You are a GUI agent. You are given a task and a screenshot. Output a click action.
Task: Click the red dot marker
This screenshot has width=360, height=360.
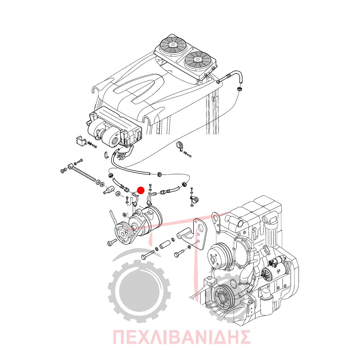tap(140, 190)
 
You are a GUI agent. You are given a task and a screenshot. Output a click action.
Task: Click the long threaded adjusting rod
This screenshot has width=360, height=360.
tap(84, 174)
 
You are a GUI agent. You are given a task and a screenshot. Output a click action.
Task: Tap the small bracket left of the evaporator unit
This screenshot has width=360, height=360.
tap(80, 140)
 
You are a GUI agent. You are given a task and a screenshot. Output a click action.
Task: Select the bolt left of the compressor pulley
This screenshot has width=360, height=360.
tap(112, 242)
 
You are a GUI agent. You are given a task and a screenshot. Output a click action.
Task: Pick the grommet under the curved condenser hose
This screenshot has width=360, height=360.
tap(240, 89)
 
